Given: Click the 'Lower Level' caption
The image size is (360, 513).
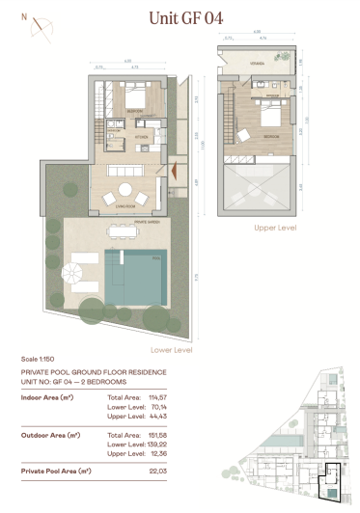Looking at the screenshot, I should [x=172, y=350].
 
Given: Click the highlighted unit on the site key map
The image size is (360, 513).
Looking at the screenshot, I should [x=331, y=479].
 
